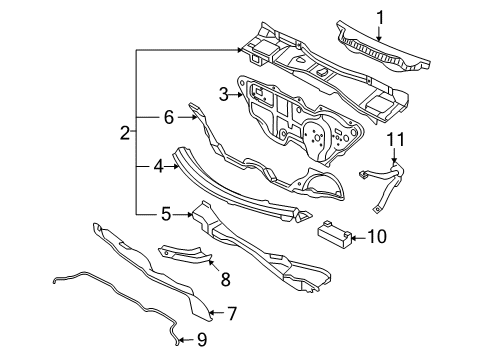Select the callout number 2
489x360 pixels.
125,133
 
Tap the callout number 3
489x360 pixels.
224,95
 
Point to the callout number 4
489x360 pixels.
159,166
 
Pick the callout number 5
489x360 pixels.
166,214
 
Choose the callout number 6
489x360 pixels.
169,117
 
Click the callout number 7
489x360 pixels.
232,313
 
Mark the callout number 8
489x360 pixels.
226,279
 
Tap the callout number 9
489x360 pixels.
202,340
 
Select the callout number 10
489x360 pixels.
377,237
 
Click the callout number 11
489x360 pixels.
396,139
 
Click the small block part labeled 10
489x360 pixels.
334,233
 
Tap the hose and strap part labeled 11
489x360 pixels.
387,182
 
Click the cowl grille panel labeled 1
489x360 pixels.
383,48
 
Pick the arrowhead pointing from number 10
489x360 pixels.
354,238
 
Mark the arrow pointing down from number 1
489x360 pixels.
379,33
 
